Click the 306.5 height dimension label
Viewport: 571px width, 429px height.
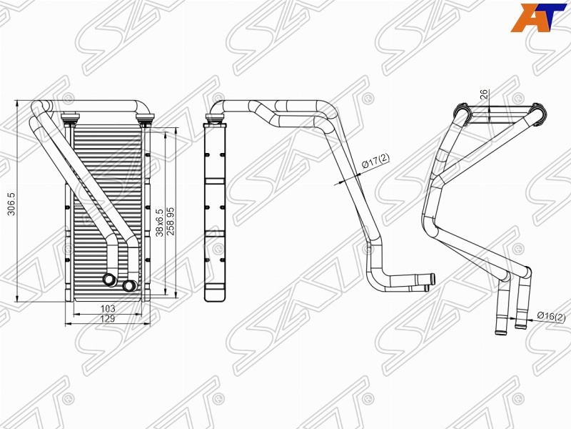[11, 204]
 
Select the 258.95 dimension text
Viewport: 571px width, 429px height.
[171, 221]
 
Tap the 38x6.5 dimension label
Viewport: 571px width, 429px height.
[159, 223]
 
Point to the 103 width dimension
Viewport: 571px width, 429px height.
[108, 309]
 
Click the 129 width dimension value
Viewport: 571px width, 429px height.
[108, 318]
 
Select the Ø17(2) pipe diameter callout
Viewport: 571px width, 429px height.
[375, 161]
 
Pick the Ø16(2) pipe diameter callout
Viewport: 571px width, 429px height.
[551, 316]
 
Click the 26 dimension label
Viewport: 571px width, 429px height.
[484, 94]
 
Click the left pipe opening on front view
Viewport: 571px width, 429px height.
[109, 280]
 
